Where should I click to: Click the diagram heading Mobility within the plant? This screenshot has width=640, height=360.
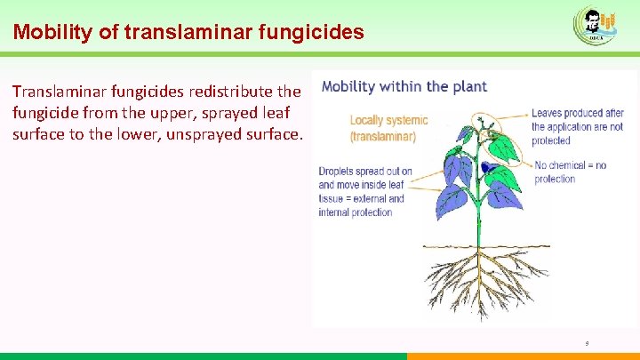point(404,87)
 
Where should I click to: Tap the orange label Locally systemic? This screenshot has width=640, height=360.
point(388,120)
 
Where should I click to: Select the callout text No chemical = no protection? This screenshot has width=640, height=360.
point(570,172)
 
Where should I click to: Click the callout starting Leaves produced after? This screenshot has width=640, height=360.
point(577,126)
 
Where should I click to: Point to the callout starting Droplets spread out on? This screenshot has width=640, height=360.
point(364,191)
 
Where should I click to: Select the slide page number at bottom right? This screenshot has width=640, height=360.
point(588,342)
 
